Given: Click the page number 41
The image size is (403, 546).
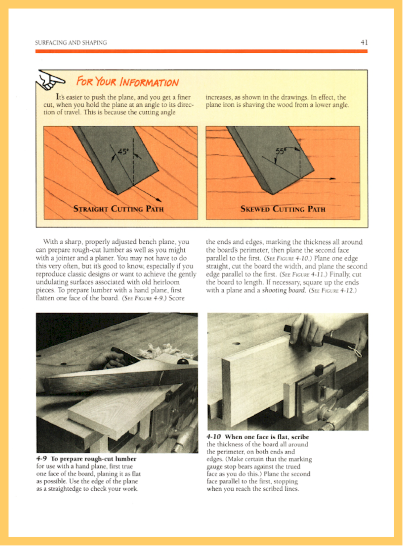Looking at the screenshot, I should [364, 43].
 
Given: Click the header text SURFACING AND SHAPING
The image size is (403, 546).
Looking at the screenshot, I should [71, 43].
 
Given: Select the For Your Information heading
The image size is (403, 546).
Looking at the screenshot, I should [127, 82].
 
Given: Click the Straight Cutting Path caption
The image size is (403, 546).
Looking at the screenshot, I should [119, 209].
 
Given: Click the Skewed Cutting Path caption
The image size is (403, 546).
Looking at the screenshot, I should [282, 209].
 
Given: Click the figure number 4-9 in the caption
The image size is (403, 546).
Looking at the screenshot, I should [41, 459].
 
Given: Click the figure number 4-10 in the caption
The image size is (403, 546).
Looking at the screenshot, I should [213, 437].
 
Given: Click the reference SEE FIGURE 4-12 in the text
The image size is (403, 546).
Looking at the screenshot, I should [333, 291].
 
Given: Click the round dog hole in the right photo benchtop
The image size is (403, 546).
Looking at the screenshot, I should [236, 344].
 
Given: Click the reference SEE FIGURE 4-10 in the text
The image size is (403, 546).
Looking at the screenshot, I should [288, 258].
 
